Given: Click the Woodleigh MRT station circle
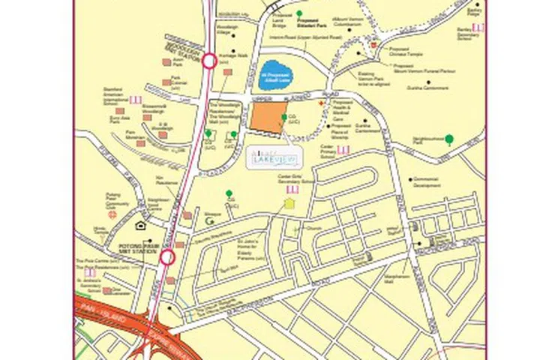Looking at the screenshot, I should point(209,61).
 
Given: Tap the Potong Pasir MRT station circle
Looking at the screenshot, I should point(167,257).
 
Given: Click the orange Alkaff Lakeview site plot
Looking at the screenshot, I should point(268,118).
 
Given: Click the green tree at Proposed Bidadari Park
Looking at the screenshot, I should point(299,13).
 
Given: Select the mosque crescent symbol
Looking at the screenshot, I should point(209,221).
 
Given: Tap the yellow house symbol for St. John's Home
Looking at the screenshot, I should point(289,203).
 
